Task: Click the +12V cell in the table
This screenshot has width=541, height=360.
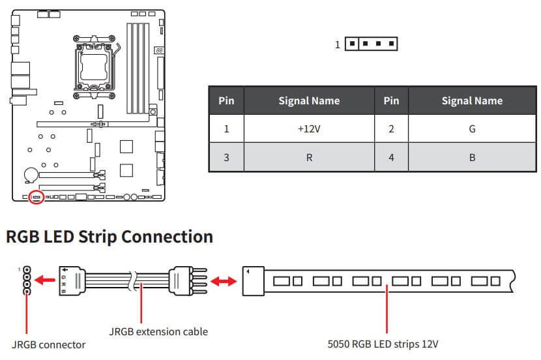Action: coord(309,129)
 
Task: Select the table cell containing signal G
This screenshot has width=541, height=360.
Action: coord(472,129)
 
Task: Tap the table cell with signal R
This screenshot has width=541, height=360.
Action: coord(309,157)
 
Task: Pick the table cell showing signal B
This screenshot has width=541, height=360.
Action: coord(472,157)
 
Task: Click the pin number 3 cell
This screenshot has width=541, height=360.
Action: coord(226,157)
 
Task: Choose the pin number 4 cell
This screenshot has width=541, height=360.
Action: coord(391,157)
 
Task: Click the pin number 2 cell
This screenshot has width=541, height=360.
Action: coord(391,129)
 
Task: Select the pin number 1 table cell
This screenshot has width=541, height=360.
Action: coord(226,129)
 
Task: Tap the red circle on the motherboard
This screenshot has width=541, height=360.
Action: coord(37,197)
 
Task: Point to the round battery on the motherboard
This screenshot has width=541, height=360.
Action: coord(30,175)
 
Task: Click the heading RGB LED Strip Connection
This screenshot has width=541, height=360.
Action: coord(110,236)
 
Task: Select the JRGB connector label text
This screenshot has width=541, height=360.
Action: coord(48,344)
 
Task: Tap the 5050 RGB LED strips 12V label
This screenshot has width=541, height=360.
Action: coord(387,344)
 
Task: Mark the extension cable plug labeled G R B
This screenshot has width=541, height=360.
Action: coord(72,282)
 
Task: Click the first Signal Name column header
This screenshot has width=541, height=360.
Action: coord(309,100)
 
